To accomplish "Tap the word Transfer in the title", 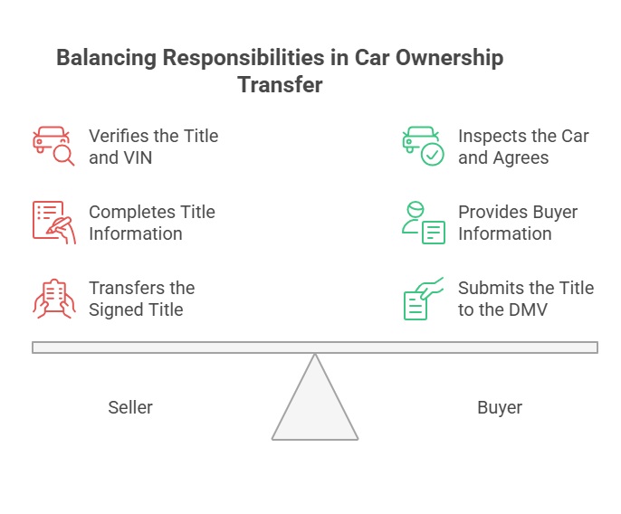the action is tap(280, 86).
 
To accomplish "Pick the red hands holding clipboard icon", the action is tap(53, 299).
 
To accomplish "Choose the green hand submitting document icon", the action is tap(422, 299).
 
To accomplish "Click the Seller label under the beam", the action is tap(130, 407).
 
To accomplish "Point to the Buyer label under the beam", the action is tap(500, 407).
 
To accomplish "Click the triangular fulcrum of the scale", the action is tap(315, 407).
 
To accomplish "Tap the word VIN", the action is tap(138, 157).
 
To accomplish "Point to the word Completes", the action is tap(131, 212).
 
